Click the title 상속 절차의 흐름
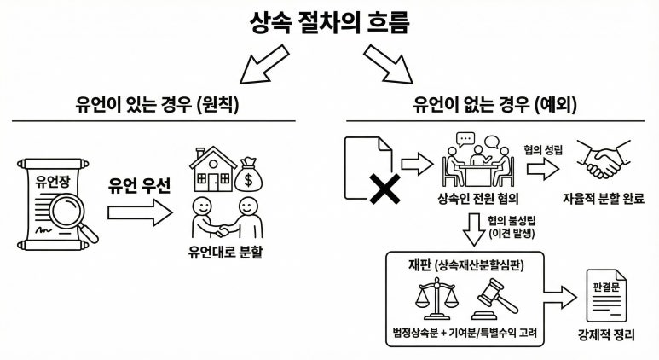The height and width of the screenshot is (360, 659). point(329,21)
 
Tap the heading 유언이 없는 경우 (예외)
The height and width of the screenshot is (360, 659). point(494,105)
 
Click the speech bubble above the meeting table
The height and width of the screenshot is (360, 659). point(465,139)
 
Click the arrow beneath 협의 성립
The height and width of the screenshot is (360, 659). point(542,167)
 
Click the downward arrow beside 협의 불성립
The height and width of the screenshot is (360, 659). point(471,229)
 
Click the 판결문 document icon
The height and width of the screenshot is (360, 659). point(604,291)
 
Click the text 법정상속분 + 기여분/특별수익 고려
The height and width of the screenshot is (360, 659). point(466,332)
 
